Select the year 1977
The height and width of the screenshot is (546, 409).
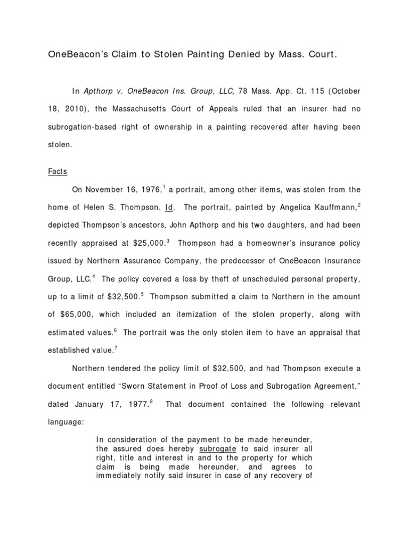coord(137,405)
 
